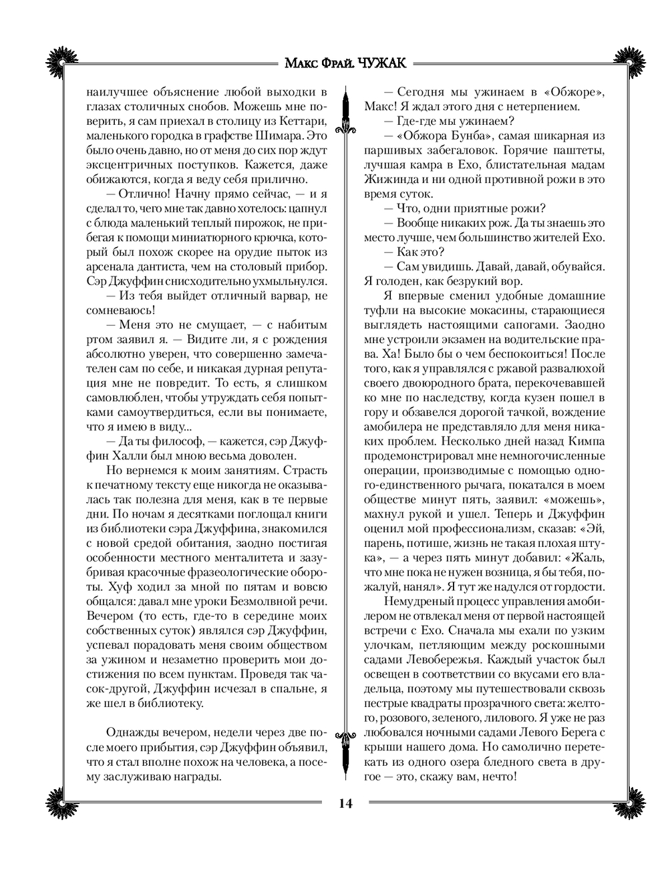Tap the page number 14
pos(344,803)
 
